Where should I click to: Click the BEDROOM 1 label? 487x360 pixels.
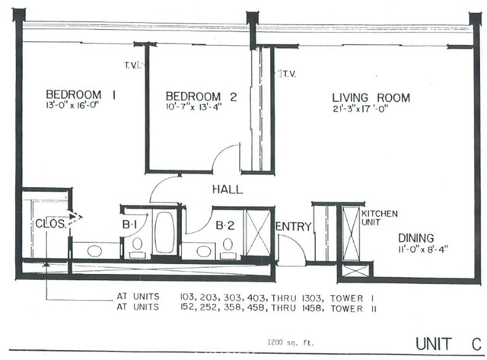[x=81, y=95]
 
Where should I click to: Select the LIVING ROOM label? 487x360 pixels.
[x=371, y=97]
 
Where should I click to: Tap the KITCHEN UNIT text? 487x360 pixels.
[x=378, y=218]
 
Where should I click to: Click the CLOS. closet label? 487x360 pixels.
[x=50, y=224]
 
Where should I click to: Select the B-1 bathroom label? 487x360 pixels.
[x=129, y=225]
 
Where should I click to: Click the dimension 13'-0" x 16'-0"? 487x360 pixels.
[x=73, y=106]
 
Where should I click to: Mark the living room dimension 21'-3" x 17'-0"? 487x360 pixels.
[x=371, y=108]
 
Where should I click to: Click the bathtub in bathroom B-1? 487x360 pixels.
[x=164, y=231]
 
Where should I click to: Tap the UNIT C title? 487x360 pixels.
[x=448, y=342]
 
